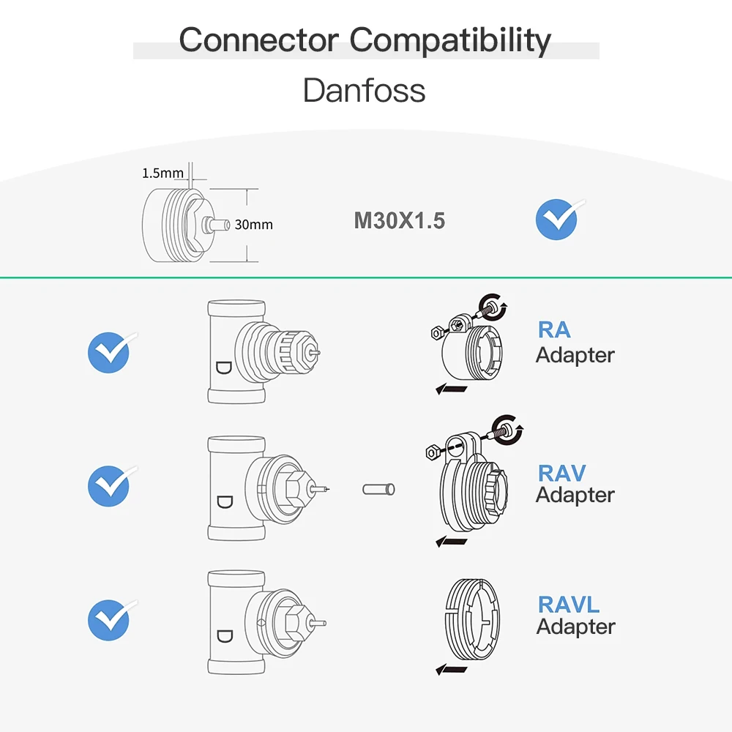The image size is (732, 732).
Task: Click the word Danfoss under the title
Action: [364, 91]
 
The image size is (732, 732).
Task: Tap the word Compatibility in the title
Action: [449, 40]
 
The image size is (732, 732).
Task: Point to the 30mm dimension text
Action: [253, 225]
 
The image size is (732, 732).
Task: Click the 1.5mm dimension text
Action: [163, 173]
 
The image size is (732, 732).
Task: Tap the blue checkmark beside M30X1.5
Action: [557, 220]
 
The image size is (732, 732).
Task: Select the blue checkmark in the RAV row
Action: [108, 486]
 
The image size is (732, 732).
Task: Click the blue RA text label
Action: [554, 329]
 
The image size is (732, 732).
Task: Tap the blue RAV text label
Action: [562, 473]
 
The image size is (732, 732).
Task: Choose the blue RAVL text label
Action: [569, 605]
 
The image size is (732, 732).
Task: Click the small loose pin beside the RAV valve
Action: [379, 488]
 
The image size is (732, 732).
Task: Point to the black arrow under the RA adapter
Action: [452, 389]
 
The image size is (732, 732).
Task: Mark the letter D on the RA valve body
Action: [223, 367]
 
